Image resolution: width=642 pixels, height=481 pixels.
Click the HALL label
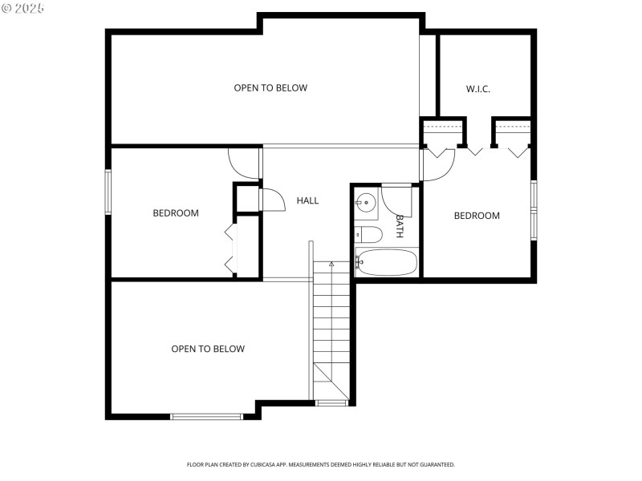307,200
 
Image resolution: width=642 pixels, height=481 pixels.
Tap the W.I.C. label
478,89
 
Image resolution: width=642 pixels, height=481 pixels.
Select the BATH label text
399,226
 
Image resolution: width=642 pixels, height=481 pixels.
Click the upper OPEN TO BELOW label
270,87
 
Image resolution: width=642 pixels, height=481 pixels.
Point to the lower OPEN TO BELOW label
208,349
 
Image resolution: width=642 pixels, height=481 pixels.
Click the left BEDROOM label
176,213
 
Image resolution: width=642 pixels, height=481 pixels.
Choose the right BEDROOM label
477,216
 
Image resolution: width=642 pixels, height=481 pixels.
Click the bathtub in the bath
387,262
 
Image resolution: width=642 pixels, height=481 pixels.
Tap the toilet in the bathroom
369,235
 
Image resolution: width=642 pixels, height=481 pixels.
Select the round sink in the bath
367,204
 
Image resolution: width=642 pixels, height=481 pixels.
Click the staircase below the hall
331,329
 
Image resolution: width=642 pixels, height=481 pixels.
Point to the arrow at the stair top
331,263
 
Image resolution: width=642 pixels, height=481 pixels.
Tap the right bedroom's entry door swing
439,164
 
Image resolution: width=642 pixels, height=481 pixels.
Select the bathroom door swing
396,200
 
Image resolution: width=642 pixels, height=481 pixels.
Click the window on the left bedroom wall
108,192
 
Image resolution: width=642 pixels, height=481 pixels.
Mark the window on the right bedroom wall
534,211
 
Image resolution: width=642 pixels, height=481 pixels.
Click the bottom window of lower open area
207,416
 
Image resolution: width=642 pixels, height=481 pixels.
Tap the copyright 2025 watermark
23,7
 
